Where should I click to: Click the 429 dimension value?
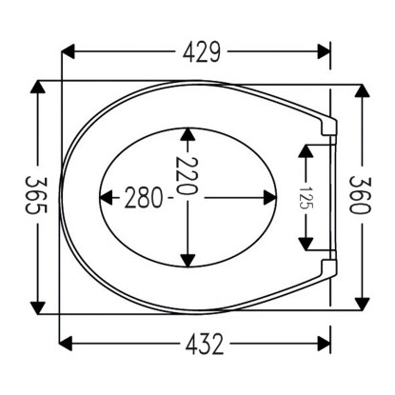point(201,51)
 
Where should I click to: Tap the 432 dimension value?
point(205,345)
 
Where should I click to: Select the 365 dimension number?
point(36,195)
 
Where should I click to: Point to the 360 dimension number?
point(360,195)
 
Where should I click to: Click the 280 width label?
point(144,198)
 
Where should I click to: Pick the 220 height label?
point(188,176)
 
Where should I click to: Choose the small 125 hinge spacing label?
point(306,197)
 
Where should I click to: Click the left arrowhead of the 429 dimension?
point(68,51)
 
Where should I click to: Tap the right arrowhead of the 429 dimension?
point(324,51)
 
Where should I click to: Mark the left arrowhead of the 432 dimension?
point(66,344)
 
